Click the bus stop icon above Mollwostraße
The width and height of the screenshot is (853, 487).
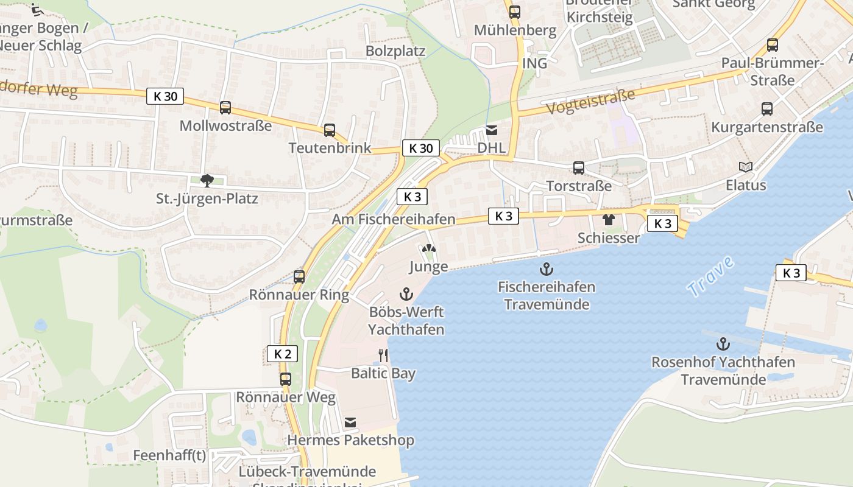click(225, 108)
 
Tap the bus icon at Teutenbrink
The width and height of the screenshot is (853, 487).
click(330, 130)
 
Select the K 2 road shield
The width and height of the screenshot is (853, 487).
click(283, 354)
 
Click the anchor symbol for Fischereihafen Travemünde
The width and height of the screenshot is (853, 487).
click(547, 268)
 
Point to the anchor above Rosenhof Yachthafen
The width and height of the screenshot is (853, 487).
click(723, 344)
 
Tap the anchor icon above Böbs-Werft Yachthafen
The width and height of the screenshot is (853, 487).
click(406, 295)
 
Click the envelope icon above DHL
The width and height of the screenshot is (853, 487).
click(492, 130)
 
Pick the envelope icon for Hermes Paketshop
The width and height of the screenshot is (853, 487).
click(350, 422)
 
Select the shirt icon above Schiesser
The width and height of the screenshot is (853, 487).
click(608, 220)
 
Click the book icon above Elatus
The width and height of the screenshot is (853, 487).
click(746, 167)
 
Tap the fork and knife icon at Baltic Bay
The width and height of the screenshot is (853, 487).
click(383, 355)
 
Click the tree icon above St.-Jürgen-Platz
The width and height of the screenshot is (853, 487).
click(207, 180)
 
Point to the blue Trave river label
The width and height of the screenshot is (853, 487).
click(710, 277)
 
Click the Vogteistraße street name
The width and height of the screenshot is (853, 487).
click(590, 102)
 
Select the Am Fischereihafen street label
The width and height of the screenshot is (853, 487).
click(394, 219)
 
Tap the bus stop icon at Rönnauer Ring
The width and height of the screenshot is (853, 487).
click(299, 276)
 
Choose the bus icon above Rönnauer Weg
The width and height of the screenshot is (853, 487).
click(286, 379)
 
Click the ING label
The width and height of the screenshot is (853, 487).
click(534, 63)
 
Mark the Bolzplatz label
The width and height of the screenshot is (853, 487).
click(395, 51)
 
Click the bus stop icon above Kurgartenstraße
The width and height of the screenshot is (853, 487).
click(767, 109)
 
